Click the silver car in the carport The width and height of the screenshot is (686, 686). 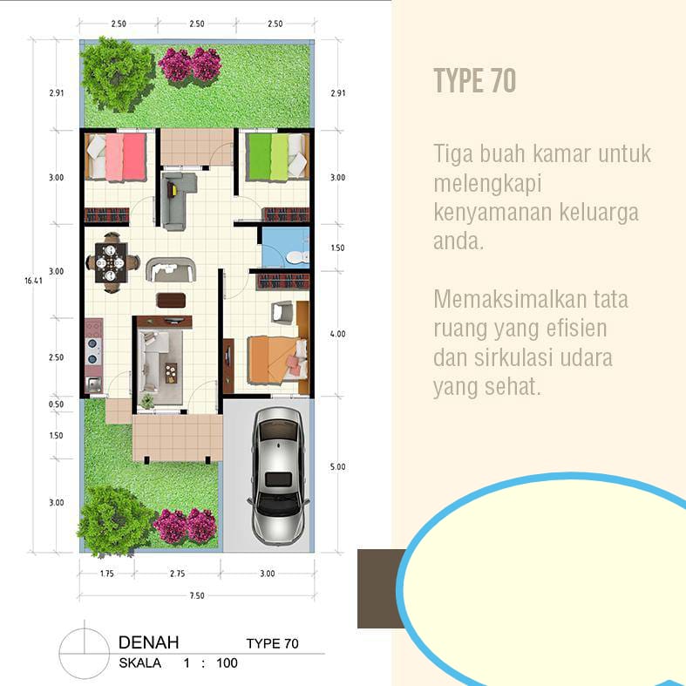[279, 476]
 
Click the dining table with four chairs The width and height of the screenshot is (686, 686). [112, 262]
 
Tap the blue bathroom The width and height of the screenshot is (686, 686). [285, 247]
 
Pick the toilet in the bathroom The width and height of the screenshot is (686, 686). [298, 257]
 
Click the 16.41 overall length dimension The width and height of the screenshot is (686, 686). [33, 281]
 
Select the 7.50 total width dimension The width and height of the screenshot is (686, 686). [197, 595]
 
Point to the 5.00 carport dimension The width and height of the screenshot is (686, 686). [337, 467]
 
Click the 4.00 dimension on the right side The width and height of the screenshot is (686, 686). [337, 334]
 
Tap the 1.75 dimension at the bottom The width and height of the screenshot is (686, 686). [106, 574]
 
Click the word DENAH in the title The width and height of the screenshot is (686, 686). [149, 642]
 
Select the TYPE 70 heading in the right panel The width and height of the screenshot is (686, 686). [475, 80]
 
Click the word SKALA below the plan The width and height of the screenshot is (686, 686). [140, 663]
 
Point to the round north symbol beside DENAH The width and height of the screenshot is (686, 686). [84, 654]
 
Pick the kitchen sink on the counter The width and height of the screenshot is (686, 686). [93, 384]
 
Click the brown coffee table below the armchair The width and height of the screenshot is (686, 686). [171, 301]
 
